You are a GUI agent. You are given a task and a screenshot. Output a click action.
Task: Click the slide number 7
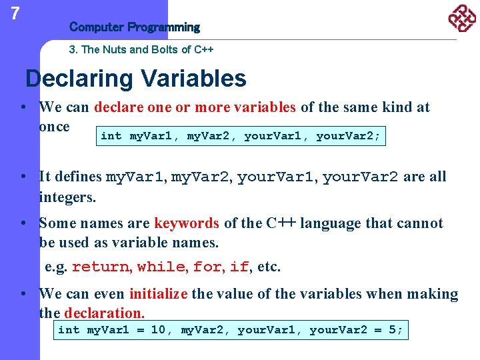click(15, 13)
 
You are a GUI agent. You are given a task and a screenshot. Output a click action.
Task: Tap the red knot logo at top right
click(461, 19)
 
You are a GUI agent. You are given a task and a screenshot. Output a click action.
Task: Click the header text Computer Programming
click(134, 27)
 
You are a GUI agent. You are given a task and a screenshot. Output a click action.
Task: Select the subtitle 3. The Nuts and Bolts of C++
click(141, 50)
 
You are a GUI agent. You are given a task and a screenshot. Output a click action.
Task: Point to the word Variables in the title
click(194, 79)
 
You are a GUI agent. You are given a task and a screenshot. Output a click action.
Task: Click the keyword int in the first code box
click(111, 137)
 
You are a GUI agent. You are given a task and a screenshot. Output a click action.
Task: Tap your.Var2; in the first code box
click(348, 137)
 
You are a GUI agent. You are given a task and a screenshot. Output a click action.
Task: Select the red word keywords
click(187, 223)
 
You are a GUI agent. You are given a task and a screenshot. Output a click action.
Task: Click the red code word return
click(102, 267)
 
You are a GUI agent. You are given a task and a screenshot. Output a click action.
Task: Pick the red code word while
click(161, 267)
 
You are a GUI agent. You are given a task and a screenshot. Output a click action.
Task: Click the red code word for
click(207, 267)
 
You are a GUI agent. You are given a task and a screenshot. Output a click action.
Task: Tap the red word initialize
click(159, 294)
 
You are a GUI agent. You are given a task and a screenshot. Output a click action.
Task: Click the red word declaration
click(105, 313)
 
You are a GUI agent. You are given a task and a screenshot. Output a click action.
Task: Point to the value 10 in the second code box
click(158, 330)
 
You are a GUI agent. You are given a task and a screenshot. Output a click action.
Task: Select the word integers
click(67, 198)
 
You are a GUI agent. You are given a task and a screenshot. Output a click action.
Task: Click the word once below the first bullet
click(54, 127)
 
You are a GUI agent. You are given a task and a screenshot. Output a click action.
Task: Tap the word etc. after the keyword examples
click(269, 267)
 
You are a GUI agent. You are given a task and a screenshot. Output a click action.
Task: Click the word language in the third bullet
click(332, 223)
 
